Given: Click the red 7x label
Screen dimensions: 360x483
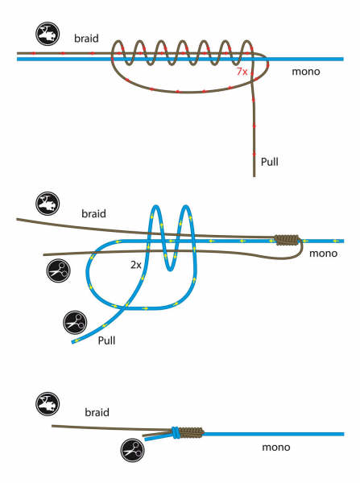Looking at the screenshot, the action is coord(242,72).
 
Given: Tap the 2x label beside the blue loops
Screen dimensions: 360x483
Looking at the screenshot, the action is coord(136,265).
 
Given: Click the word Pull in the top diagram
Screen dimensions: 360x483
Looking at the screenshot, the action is coord(269,162).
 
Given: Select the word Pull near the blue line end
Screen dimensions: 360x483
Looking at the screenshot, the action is coord(106,341).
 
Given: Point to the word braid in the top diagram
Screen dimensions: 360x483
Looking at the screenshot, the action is coord(86,38).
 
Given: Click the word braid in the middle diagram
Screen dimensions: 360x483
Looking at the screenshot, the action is coord(93,213).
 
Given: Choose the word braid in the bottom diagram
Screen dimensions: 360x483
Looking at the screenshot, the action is coord(97,412).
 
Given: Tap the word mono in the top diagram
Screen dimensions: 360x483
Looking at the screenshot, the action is coord(306,72).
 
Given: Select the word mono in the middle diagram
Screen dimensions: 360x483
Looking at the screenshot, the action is coord(323,254).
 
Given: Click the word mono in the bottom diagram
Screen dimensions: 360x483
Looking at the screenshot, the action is coord(276,448).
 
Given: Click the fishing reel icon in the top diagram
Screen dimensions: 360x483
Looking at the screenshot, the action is coord(48,34).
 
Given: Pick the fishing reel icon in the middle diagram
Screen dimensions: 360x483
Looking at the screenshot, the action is coord(48,204).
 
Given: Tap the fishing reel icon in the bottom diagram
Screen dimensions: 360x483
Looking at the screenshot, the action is coord(48,404).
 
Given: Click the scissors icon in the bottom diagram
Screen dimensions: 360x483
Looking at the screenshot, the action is coord(133,450).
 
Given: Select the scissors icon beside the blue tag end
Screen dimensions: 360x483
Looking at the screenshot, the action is coord(75,323).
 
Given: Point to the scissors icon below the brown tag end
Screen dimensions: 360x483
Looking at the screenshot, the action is coord(58,271).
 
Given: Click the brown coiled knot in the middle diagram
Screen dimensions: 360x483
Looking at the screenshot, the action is coord(287,240).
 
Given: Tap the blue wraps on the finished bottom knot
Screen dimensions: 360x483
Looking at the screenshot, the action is coord(175,432).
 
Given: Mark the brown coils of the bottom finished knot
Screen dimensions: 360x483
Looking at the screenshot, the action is coord(192,432).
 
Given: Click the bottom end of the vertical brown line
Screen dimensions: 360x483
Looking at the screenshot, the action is coord(254,176).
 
